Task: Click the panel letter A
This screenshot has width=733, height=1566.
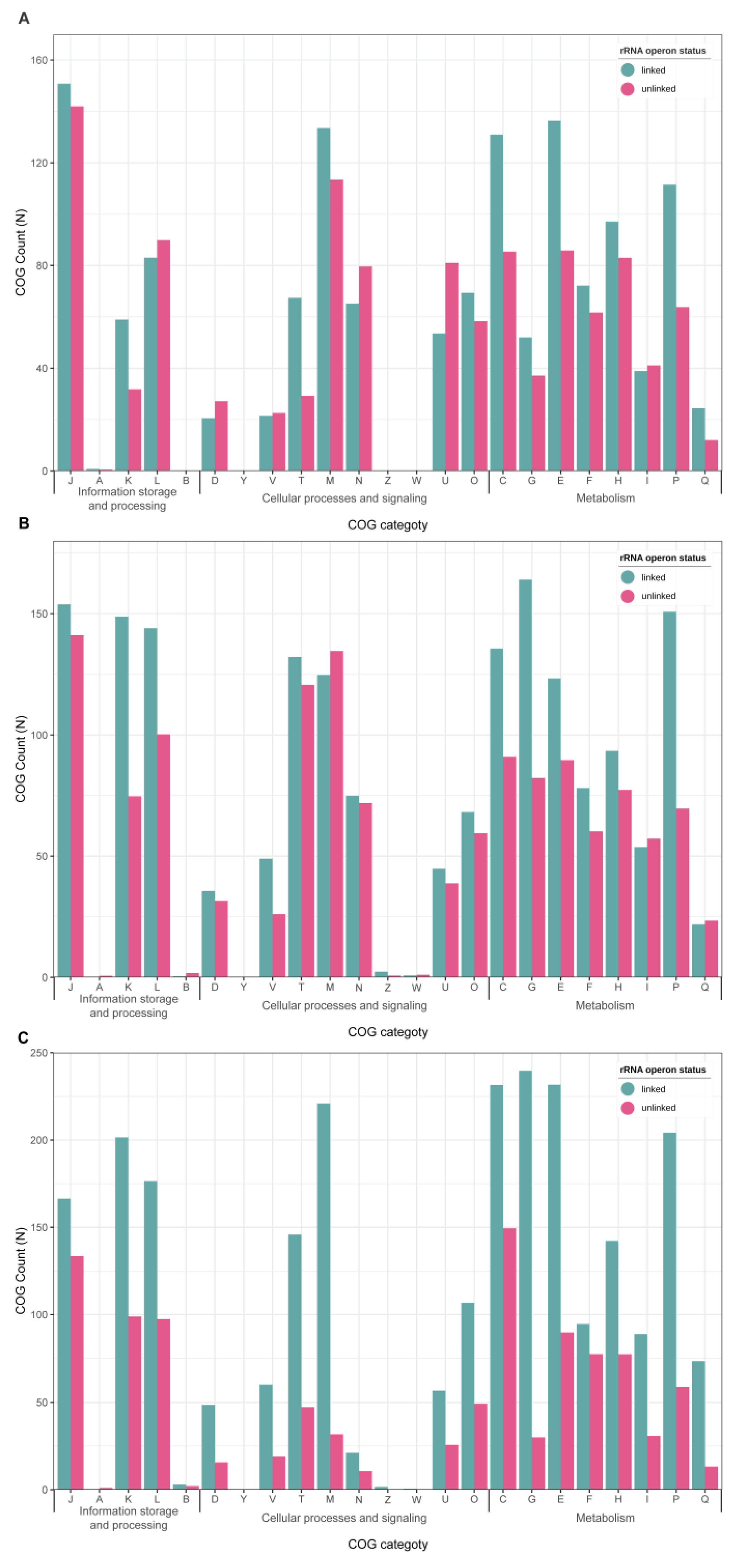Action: click(x=24, y=18)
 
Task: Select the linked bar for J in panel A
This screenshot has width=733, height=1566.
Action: click(x=64, y=277)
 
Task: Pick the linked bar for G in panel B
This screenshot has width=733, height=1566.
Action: click(x=525, y=778)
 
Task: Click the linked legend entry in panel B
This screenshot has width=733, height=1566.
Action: click(x=653, y=578)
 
